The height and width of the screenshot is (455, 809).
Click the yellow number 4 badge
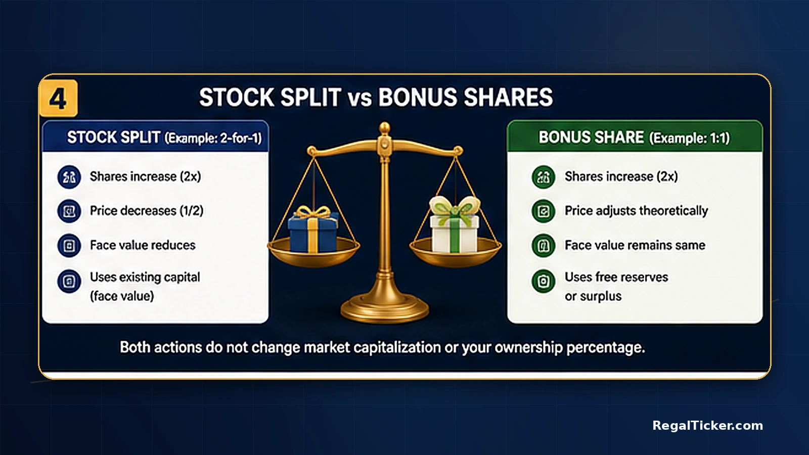(59, 98)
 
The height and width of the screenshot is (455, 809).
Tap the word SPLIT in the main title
(310, 98)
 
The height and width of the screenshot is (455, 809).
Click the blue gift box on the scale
(313, 230)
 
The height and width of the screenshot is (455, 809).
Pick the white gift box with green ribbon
(455, 224)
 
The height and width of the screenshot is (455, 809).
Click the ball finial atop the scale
(385, 128)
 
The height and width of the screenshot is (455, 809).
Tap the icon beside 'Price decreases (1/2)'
(69, 211)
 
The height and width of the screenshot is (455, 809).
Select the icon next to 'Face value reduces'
(69, 246)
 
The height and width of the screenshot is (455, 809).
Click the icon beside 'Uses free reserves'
(544, 281)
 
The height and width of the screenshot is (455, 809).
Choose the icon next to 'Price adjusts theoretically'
(544, 211)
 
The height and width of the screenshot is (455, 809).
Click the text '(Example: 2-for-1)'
(213, 138)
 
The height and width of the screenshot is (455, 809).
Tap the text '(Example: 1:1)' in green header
(690, 138)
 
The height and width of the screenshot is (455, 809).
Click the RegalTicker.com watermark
(707, 425)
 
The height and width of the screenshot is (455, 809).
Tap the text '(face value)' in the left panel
(122, 296)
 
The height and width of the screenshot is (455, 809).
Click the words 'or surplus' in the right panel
(593, 296)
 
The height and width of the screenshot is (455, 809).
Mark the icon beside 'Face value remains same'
(544, 246)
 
